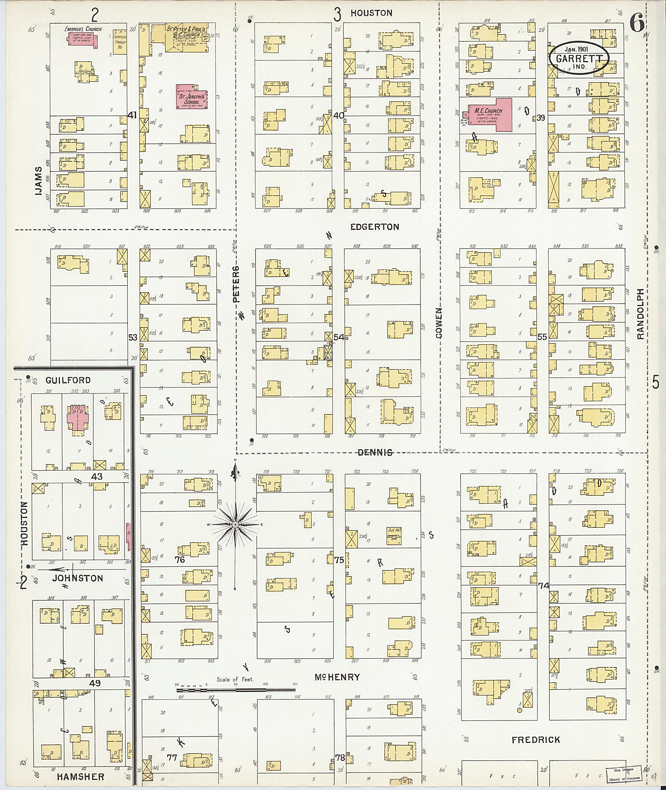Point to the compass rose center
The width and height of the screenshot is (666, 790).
pyautogui.click(x=235, y=525)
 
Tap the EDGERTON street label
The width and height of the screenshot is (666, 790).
pyautogui.click(x=374, y=227)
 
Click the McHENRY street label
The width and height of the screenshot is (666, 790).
pyautogui.click(x=337, y=677)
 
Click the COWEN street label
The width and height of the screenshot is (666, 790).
pyautogui.click(x=439, y=323)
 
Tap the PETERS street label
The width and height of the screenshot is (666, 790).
pyautogui.click(x=236, y=284)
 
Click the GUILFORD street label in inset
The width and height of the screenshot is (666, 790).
pyautogui.click(x=68, y=380)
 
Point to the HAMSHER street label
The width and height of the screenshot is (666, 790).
pyautogui.click(x=80, y=777)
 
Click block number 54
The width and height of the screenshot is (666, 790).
pyautogui.click(x=339, y=337)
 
